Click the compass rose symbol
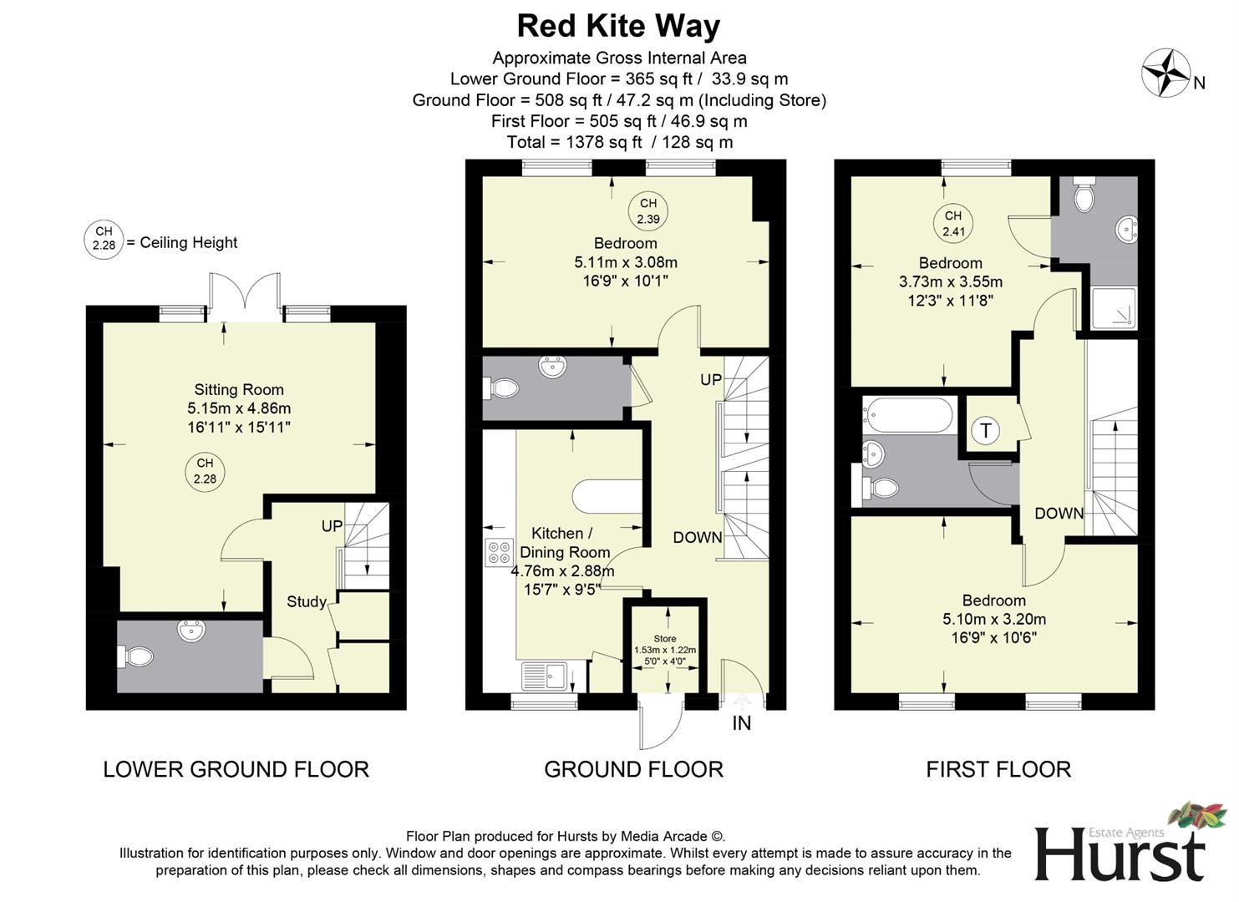[1166, 73]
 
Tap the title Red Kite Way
[618, 26]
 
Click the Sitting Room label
[239, 389]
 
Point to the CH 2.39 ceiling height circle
[648, 211]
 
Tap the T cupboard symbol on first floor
[986, 431]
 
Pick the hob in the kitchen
[499, 552]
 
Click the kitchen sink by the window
[544, 676]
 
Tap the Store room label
[665, 639]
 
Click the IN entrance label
[741, 723]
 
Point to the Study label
[306, 601]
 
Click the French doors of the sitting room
[244, 296]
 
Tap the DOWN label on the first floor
[1059, 514]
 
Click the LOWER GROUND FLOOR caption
[236, 769]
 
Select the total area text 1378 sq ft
[619, 142]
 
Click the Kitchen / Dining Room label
[564, 542]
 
